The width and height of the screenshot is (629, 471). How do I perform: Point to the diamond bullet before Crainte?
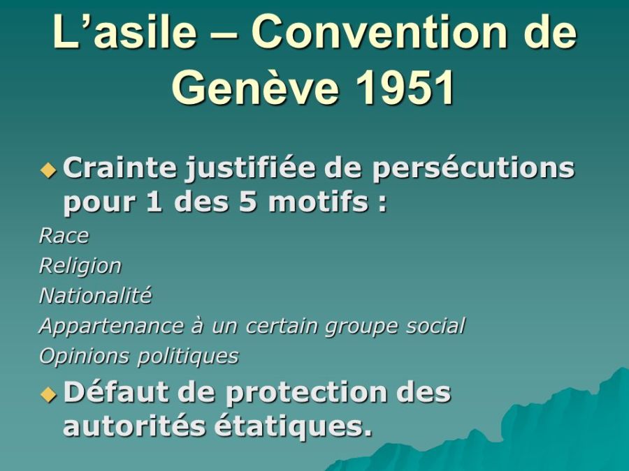click(x=48, y=170)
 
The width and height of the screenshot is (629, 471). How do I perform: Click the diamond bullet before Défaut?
click(x=48, y=394)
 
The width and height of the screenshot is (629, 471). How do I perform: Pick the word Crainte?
click(x=120, y=168)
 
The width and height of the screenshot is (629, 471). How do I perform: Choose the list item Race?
click(x=64, y=236)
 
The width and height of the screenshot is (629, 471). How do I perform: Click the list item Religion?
click(x=80, y=267)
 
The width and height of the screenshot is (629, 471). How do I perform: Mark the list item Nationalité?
click(x=95, y=296)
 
